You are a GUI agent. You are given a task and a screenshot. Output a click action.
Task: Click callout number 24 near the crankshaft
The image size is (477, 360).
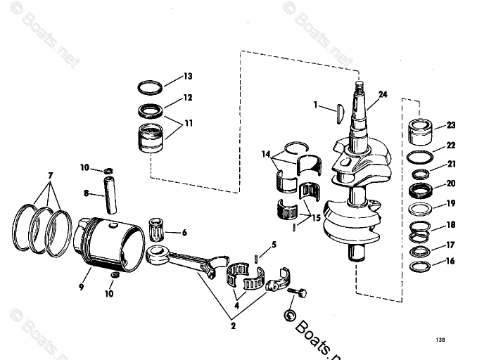pyautogui.click(x=383, y=94)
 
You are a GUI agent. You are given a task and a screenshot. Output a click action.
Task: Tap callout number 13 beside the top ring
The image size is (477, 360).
pyautogui.click(x=188, y=76)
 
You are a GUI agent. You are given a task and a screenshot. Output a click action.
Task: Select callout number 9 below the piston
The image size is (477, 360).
pyautogui.click(x=82, y=287)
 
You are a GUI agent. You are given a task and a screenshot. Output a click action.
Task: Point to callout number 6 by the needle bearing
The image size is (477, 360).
pyautogui.click(x=184, y=233)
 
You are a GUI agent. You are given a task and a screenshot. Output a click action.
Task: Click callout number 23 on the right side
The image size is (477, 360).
pyautogui.click(x=451, y=125)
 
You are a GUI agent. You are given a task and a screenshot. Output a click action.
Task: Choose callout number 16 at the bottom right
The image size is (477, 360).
pyautogui.click(x=451, y=261)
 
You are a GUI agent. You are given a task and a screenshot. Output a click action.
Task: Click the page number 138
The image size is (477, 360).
pyautogui.click(x=440, y=340)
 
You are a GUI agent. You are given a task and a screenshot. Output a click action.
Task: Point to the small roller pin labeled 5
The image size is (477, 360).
pyautogui.click(x=259, y=256)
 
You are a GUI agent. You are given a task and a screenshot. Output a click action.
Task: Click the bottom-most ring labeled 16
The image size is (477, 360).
pyautogui.click(x=421, y=266)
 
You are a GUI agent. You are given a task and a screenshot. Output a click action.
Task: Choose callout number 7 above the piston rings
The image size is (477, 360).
pyautogui.click(x=49, y=174)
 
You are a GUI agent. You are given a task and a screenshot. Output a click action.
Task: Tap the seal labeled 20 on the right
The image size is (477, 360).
pyautogui.click(x=421, y=191)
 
